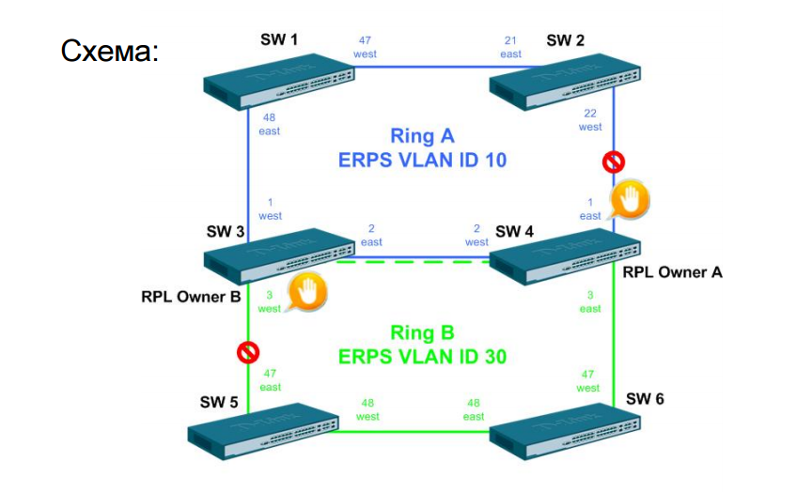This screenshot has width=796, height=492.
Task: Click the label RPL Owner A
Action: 672,272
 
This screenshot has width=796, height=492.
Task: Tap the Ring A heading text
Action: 422,137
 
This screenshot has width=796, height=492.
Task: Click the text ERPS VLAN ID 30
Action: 422,357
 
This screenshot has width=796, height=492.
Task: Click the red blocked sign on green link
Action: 247,352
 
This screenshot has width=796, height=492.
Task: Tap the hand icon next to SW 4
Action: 630,200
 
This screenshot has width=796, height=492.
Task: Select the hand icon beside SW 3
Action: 306,294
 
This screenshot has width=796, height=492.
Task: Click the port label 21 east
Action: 510,48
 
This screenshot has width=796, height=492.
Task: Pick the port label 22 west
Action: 590,119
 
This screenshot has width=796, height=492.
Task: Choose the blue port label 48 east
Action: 269,125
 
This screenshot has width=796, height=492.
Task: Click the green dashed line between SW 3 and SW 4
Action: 422,262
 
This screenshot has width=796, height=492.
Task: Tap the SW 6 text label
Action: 645,399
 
